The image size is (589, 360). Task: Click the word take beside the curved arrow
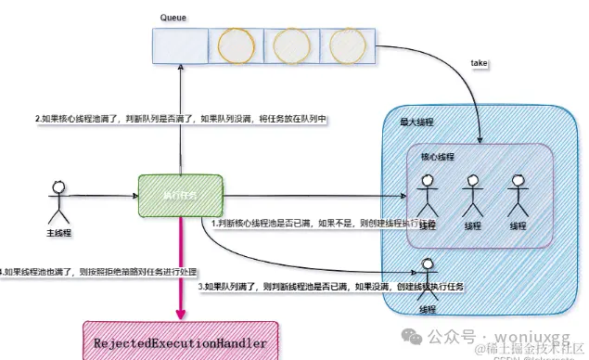[479, 63]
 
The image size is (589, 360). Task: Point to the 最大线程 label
[416, 122]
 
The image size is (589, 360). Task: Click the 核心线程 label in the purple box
[439, 158]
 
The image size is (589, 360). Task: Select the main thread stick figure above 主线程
[58, 197]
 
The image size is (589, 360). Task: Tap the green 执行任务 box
[180, 196]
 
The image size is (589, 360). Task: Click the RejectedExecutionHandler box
[181, 342]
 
